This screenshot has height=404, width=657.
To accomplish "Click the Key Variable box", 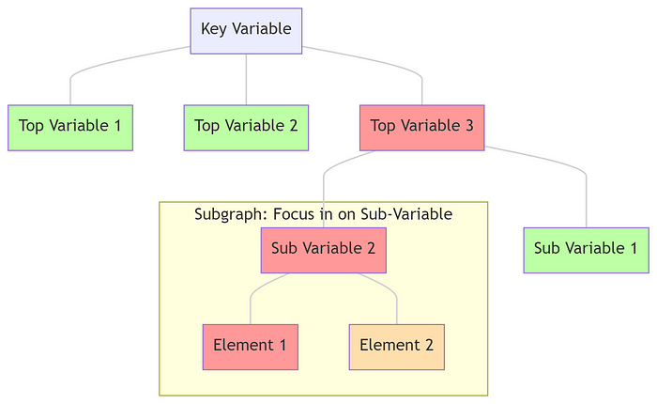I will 246,30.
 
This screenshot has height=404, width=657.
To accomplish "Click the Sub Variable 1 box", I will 586,249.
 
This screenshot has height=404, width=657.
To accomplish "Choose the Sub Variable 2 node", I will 323,249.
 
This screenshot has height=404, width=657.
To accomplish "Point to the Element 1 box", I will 250,346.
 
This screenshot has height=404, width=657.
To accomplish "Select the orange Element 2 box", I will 396,346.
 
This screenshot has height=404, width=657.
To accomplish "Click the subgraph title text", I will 323,214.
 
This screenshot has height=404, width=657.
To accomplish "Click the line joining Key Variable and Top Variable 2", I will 246,80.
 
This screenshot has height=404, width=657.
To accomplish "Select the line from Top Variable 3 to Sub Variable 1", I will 563,163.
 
